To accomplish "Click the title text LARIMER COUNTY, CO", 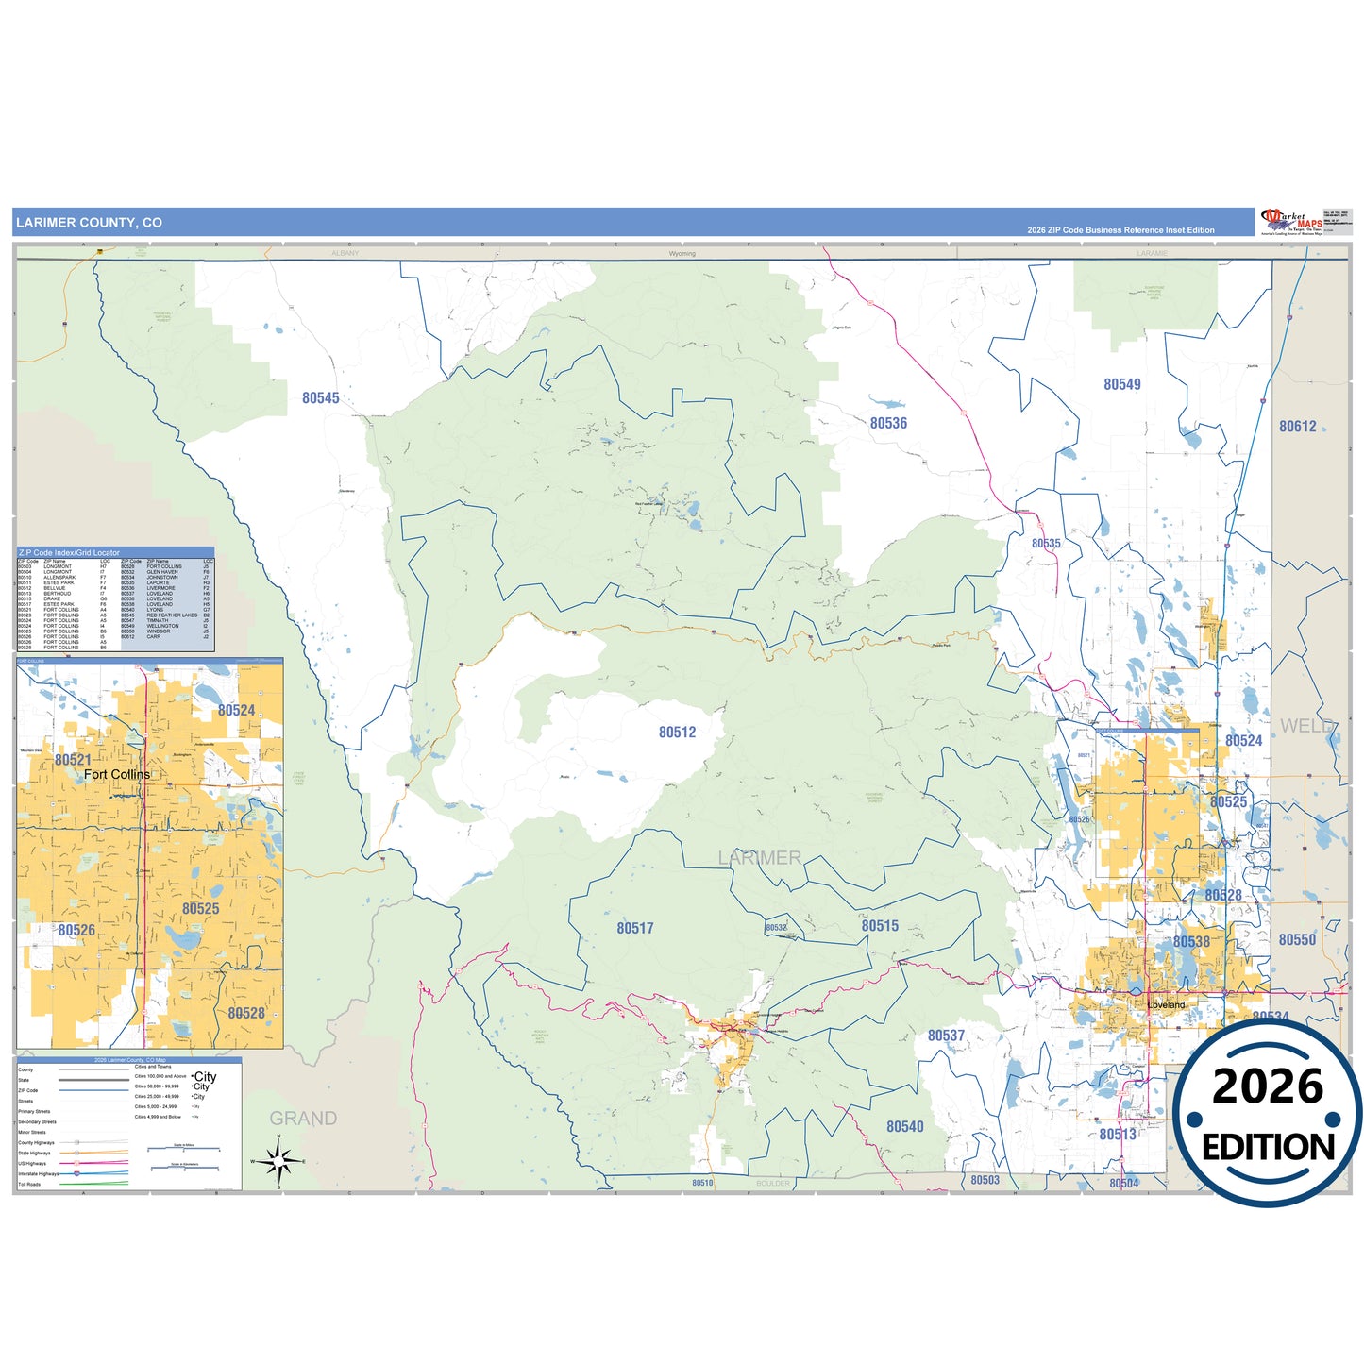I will click(x=89, y=223).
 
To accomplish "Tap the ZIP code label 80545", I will click(x=321, y=398).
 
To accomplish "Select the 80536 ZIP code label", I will click(x=888, y=424).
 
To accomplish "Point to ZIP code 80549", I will click(x=1122, y=384).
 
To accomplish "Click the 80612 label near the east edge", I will click(x=1298, y=427).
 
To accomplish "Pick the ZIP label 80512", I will click(x=677, y=733).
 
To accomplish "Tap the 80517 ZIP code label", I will click(x=635, y=929).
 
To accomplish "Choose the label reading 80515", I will click(x=880, y=926).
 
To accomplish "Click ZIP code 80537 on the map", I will click(x=946, y=1036).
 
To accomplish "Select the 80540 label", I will click(x=905, y=1127).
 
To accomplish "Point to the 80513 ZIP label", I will click(x=1118, y=1135).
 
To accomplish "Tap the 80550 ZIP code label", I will click(x=1297, y=940).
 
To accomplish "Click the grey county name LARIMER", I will click(x=760, y=858).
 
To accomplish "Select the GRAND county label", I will click(x=303, y=1119).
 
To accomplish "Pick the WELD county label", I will click(x=1306, y=726).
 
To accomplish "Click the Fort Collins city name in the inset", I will click(x=117, y=775).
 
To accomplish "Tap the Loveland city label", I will click(x=1167, y=1005).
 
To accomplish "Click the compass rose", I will click(x=278, y=1161).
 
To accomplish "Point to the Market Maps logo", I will click(x=1291, y=222).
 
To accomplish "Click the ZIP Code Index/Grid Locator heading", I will click(x=70, y=553).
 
